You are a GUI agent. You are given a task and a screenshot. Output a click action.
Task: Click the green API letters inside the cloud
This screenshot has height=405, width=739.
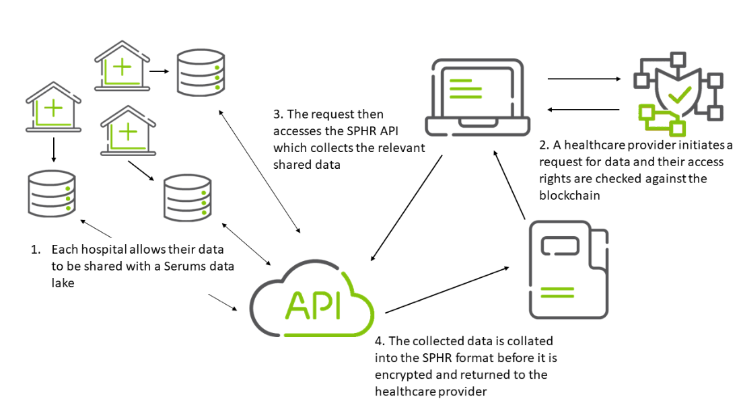312,303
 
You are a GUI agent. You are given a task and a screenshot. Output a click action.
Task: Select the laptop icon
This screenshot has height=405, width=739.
475,98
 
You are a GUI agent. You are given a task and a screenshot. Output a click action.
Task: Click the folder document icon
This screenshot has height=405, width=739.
567,269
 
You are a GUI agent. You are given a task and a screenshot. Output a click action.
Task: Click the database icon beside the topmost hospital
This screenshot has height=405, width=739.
201,72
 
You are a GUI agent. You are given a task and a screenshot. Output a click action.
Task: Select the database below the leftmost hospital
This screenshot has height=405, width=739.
52,194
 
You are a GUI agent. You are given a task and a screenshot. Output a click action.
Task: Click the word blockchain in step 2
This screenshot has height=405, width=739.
569,195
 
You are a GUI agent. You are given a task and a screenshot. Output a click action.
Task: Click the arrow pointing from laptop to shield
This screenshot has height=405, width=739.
584,79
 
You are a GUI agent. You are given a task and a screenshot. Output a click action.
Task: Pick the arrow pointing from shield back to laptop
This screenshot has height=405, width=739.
584,109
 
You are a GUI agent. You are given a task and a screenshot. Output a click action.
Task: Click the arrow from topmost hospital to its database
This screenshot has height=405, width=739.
159,70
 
